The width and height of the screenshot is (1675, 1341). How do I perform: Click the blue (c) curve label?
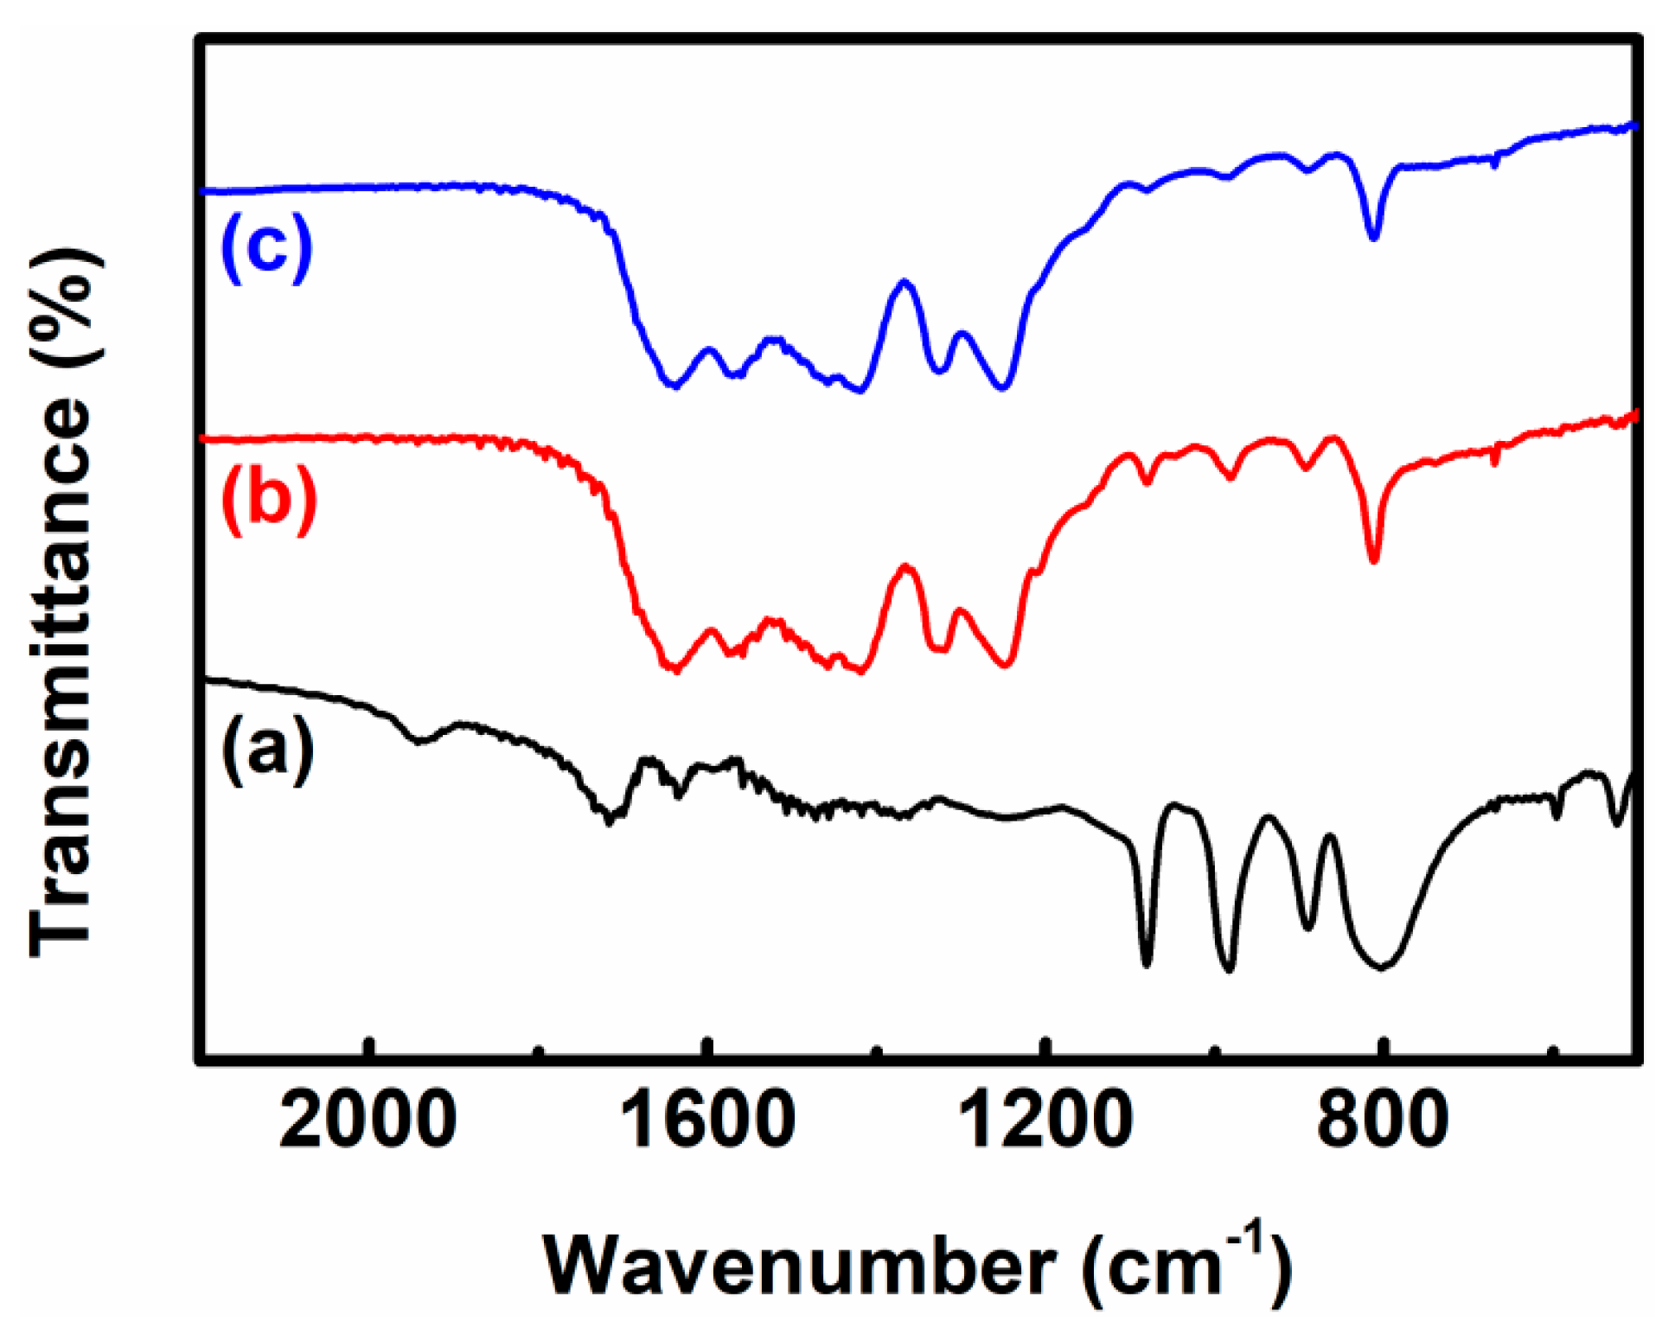266,249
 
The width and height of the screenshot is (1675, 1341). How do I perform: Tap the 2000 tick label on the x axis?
368,1121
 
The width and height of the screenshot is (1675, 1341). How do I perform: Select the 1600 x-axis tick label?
708,1121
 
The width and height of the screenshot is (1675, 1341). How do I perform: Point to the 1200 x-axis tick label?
1045,1121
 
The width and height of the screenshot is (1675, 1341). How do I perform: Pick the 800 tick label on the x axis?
1383,1121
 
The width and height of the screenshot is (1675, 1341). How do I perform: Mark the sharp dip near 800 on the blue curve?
1373,235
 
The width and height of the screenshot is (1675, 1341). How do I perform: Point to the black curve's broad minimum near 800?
1381,966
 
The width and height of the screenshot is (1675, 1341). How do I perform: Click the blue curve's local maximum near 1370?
905,282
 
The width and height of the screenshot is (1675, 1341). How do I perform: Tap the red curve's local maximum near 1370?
905,566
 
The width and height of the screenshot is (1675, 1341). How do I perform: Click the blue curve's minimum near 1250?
1003,387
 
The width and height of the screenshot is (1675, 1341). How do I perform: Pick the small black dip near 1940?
420,741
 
